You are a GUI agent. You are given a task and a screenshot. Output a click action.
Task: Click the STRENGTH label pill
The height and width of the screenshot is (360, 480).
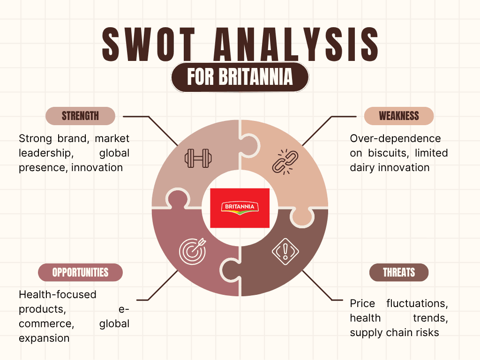coord(80,116)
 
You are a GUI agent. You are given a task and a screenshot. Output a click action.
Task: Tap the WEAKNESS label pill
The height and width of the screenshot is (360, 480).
coord(399,116)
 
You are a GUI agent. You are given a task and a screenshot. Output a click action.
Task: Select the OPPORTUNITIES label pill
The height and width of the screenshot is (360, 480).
coord(80,272)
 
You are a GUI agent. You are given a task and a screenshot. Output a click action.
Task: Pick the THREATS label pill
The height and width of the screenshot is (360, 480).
coord(399,272)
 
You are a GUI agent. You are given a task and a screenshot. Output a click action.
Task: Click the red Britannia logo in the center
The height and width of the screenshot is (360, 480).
coord(240,208)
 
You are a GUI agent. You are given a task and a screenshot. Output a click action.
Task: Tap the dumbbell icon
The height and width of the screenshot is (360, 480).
coord(197,158)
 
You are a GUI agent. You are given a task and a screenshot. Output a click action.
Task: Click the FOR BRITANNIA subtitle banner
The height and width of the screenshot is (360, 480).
coord(240,77)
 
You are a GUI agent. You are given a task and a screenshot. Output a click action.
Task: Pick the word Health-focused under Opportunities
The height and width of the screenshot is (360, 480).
coord(57,294)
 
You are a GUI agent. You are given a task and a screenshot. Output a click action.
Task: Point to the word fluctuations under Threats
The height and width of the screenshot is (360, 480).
coord(417,303)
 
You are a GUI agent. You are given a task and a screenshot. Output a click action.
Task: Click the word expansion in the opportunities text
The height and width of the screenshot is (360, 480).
coord(44,338)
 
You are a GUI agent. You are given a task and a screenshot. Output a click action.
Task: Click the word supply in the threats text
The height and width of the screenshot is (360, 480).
coord(367,332)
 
